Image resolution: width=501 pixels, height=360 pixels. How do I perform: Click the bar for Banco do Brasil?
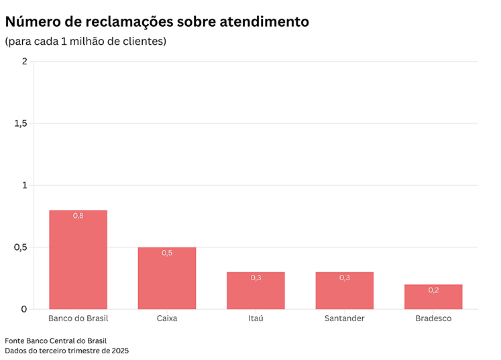point(78,260)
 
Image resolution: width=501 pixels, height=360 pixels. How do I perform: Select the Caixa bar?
point(167,279)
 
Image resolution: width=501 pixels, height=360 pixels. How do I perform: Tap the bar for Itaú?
point(256,291)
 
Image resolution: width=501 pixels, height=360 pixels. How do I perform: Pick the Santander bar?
point(344,291)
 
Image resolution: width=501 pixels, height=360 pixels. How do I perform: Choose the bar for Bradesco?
point(433,297)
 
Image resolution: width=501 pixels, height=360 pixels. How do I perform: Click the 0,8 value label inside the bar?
point(78,216)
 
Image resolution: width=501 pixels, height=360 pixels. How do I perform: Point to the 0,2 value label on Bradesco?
point(433,290)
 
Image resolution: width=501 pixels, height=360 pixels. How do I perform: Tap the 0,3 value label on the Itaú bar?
point(256,278)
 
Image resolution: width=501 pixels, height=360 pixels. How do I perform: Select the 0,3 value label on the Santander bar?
point(344,278)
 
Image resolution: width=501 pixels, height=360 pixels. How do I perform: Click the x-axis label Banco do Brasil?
point(78,318)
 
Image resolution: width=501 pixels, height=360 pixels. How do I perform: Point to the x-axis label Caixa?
point(167,318)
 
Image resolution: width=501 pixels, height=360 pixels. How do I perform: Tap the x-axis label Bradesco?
point(433,318)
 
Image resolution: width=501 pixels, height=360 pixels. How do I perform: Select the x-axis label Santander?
point(344,318)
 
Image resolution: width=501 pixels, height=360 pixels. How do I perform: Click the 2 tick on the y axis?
point(24,62)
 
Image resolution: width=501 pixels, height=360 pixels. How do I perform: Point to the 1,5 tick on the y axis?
point(21,123)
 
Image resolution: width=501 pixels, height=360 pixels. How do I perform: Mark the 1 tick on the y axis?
point(24,185)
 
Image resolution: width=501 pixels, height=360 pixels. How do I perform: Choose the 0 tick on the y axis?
point(24,309)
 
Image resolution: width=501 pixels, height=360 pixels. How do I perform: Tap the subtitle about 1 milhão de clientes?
point(86,42)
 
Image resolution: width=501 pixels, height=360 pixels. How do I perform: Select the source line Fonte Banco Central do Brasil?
point(56,341)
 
